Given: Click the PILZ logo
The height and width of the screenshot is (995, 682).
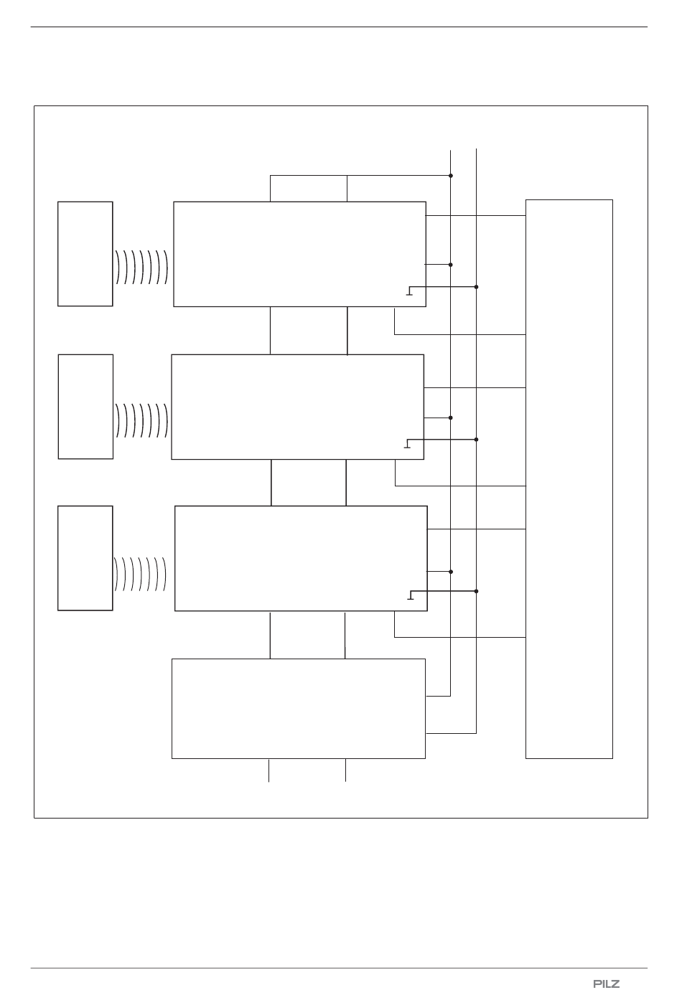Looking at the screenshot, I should (x=607, y=983).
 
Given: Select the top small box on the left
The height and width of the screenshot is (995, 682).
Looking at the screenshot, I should (x=85, y=254).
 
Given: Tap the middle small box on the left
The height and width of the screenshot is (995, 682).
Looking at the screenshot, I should (x=85, y=406).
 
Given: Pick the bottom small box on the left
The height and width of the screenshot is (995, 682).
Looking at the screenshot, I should (x=85, y=558).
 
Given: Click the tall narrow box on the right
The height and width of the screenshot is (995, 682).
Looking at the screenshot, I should (x=569, y=478).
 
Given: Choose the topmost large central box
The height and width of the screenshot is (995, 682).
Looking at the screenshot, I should (x=299, y=254).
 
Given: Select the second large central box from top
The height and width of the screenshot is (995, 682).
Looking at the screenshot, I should (x=297, y=407).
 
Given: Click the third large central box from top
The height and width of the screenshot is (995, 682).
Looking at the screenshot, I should (x=301, y=558).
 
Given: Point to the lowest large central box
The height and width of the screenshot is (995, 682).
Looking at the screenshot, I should (x=298, y=708).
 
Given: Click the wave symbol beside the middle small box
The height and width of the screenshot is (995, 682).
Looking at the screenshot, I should (x=141, y=420).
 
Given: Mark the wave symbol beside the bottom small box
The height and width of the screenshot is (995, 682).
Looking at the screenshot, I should (x=141, y=572).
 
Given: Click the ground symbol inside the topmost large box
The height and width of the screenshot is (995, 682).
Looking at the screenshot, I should (x=409, y=292).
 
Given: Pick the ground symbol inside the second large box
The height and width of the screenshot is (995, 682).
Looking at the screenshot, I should (x=407, y=444).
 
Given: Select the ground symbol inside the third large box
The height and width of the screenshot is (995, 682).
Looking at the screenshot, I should (x=410, y=596).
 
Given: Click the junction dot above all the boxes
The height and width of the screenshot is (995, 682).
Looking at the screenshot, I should (x=451, y=176).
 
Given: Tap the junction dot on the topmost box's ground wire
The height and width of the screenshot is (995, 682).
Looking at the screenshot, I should (x=477, y=287).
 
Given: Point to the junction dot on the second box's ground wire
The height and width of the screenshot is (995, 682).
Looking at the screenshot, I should (x=477, y=439).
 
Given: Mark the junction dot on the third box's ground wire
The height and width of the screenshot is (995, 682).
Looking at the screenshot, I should (x=477, y=591).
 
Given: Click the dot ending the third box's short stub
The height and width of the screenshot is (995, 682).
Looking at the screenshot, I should (x=451, y=572).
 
